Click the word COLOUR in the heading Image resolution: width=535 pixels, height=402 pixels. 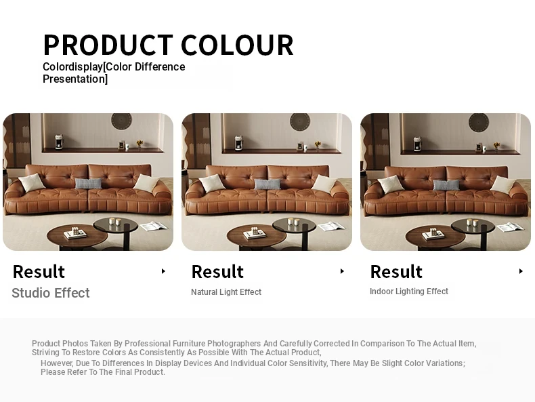point(237,45)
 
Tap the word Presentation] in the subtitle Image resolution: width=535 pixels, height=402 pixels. point(75,79)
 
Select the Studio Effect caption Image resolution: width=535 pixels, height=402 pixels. point(51,293)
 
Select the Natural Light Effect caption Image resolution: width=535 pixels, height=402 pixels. point(226,292)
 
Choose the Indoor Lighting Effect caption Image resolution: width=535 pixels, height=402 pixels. point(409,292)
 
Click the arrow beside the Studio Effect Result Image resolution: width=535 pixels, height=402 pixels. point(163,271)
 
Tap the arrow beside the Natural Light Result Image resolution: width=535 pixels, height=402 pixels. point(342,271)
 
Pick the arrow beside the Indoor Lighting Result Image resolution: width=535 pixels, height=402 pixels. point(521,271)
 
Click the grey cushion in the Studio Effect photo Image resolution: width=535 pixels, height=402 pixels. point(88,184)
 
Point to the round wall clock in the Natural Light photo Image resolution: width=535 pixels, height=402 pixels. point(300,121)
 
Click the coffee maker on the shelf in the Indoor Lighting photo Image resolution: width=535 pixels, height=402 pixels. point(417,144)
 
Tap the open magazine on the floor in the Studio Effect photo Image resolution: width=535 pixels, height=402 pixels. point(154,226)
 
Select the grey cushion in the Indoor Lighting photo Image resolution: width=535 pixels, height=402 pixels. point(446,185)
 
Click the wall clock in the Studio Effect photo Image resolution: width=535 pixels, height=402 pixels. point(121,121)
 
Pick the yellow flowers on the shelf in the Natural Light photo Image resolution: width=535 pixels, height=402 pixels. point(318,144)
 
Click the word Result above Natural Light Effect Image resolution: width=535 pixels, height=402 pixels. point(217,272)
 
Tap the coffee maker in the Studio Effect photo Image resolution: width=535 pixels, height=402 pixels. point(60,142)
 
